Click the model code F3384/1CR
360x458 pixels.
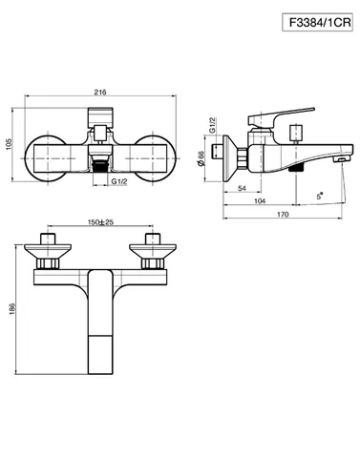(x=320, y=22)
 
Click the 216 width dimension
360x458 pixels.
(x=100, y=93)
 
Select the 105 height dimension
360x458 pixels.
(x=9, y=144)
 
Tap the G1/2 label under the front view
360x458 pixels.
(x=119, y=181)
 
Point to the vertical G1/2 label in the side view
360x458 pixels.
(x=212, y=125)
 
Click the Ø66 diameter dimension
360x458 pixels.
(x=201, y=158)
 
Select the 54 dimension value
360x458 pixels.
(x=242, y=188)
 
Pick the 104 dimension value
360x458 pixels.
(x=260, y=201)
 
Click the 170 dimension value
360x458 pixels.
(x=283, y=214)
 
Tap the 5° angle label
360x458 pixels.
(x=320, y=196)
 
